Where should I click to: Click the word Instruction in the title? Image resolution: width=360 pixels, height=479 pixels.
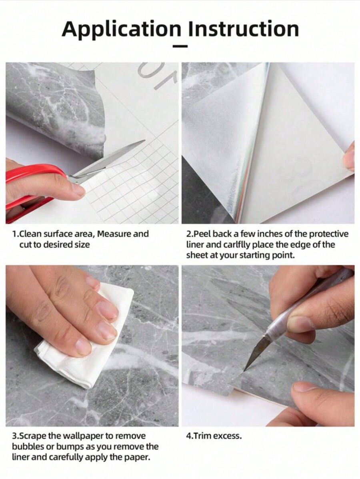click(x=244, y=29)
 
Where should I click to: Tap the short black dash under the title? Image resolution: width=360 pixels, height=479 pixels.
click(x=180, y=47)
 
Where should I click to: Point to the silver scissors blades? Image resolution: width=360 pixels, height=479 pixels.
click(x=112, y=158)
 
